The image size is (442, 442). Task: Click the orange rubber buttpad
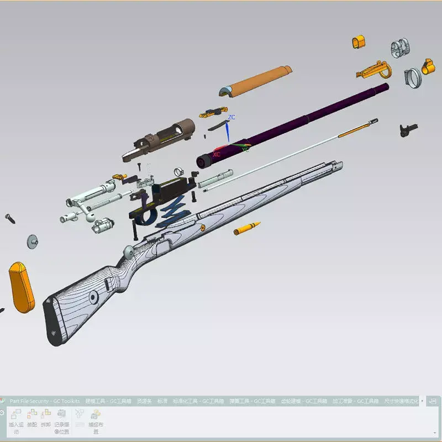(22, 287)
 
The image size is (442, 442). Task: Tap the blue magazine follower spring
(172, 215)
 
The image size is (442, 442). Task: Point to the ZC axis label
(232, 117)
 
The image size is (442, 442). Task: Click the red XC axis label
(216, 155)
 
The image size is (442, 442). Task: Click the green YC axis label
(245, 149)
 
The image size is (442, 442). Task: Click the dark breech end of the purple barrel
(204, 161)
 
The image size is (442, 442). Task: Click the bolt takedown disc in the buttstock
(94, 297)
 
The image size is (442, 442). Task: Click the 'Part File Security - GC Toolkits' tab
(44, 401)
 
